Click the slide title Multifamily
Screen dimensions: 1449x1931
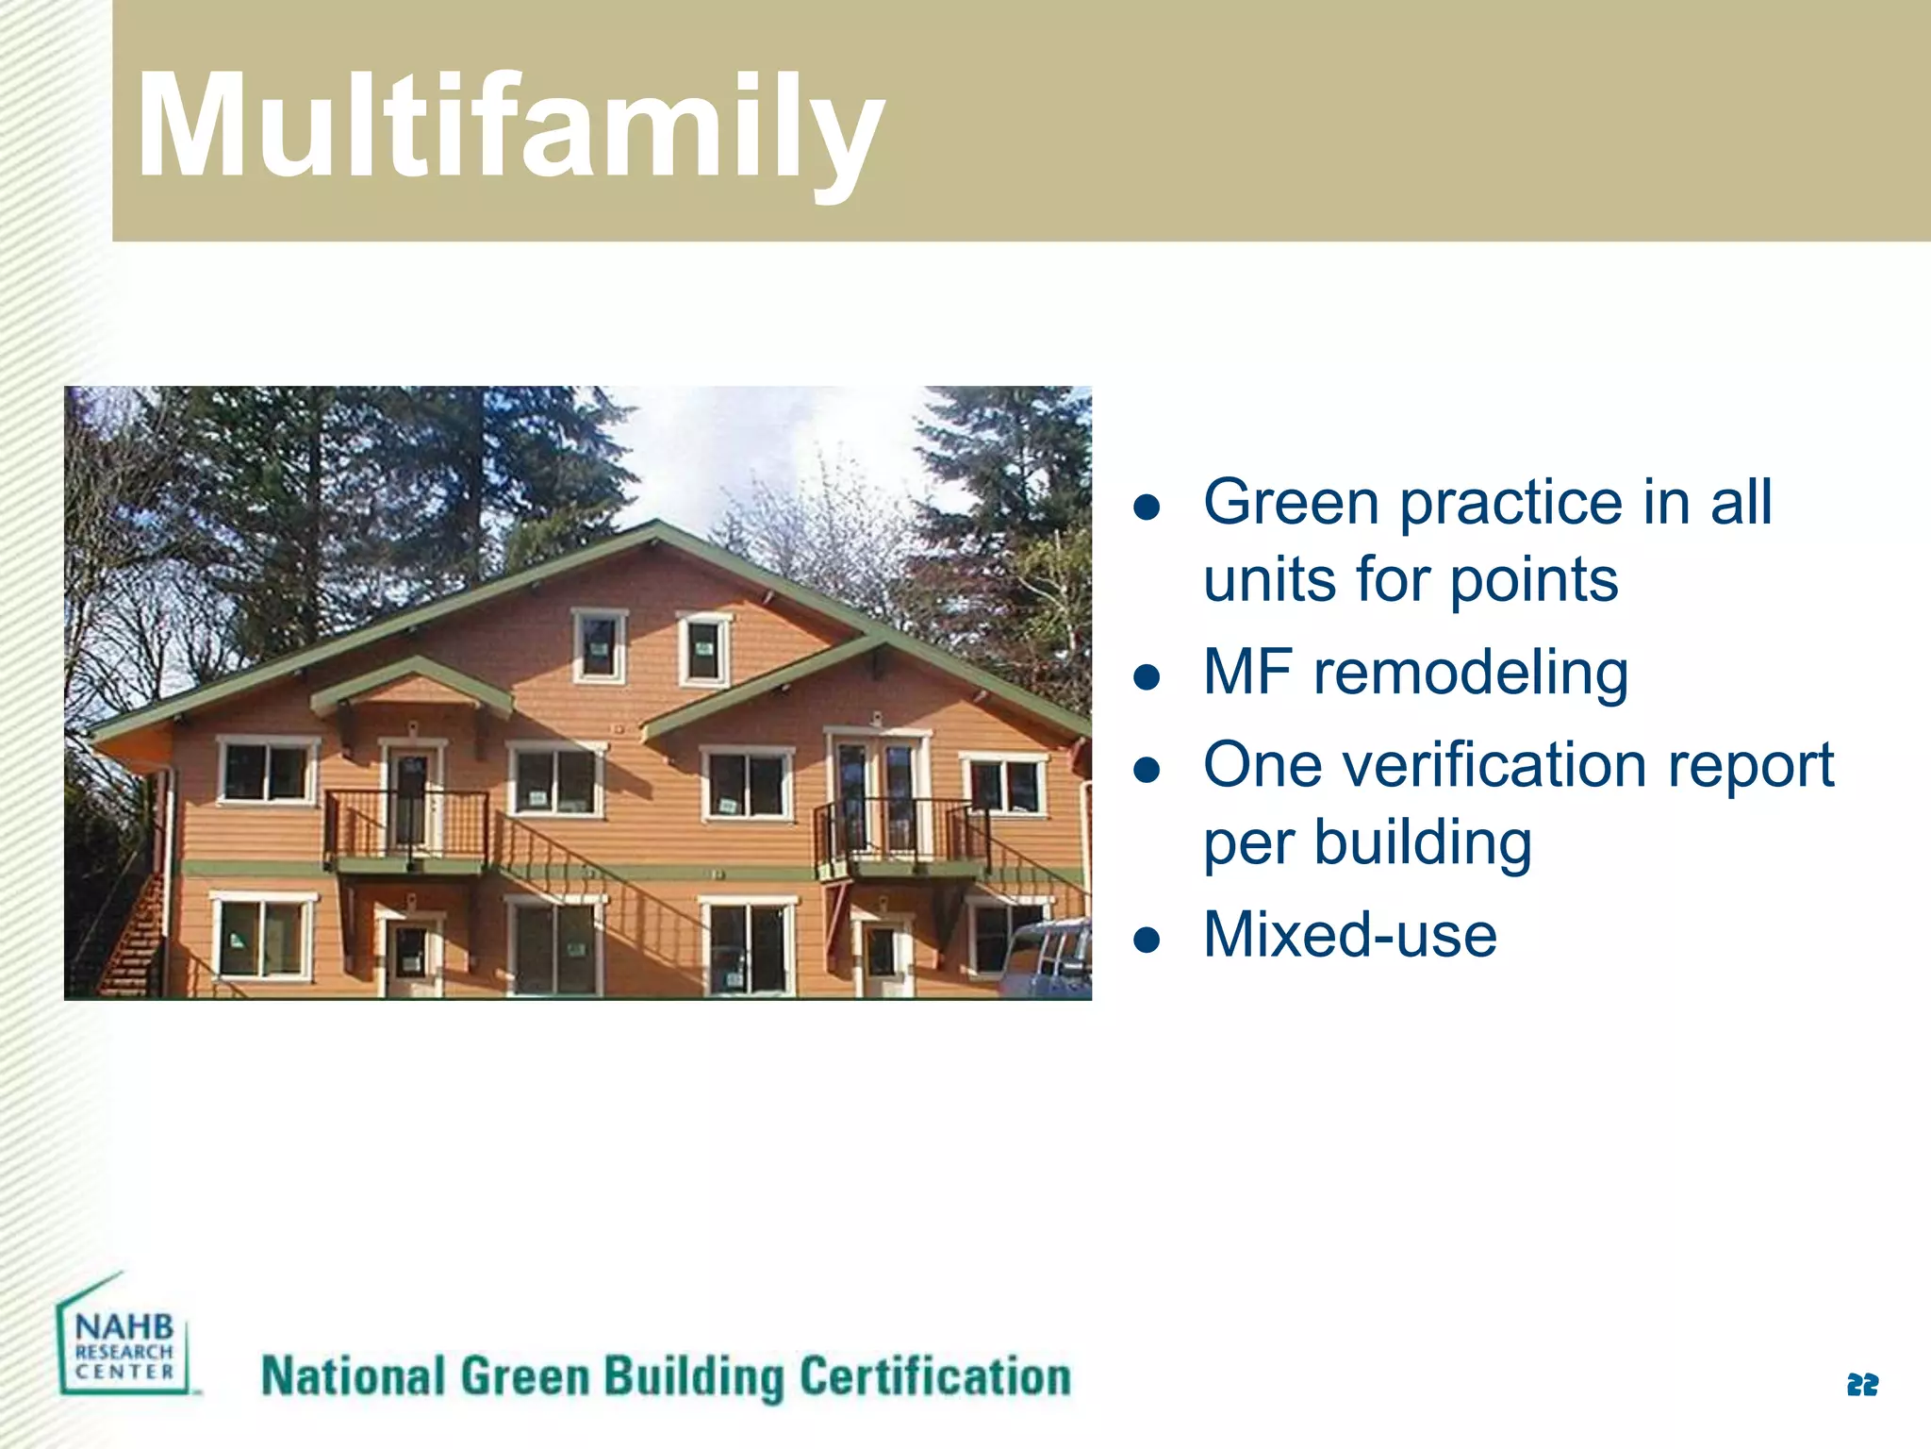click(509, 127)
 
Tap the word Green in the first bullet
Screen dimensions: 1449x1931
click(1292, 502)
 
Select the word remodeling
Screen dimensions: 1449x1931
click(1471, 673)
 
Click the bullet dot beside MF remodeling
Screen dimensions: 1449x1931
click(1147, 676)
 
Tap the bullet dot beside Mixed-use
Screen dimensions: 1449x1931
click(1147, 940)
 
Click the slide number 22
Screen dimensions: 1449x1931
click(1862, 1385)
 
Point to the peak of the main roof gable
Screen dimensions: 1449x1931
click(658, 524)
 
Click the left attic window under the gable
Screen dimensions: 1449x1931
click(599, 647)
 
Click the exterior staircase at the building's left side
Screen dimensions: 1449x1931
click(127, 934)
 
